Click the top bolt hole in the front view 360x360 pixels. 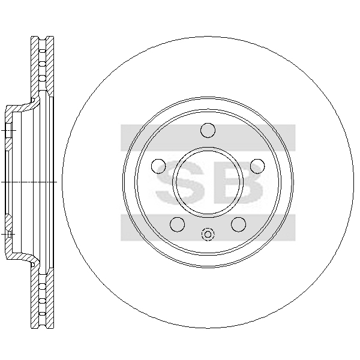pyautogui.click(x=208, y=130)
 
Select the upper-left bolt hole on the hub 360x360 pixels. pyautogui.click(x=158, y=166)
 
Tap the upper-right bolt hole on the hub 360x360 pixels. pyautogui.click(x=257, y=166)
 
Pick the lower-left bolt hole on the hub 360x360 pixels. pyautogui.click(x=178, y=224)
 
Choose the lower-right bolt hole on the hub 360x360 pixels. pyautogui.click(x=239, y=224)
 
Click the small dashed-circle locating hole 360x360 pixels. pyautogui.click(x=208, y=235)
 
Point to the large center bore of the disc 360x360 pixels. pyautogui.click(x=208, y=182)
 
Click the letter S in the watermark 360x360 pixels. pyautogui.click(x=180, y=183)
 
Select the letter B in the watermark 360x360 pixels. pyautogui.click(x=239, y=183)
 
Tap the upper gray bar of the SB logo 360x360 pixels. pyautogui.click(x=208, y=138)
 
